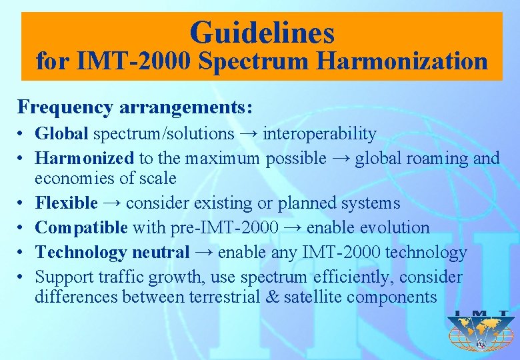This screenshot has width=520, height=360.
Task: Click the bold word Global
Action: pos(61,134)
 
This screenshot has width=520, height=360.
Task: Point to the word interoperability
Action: pos(319,134)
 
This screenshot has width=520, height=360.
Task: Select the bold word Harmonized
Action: pos(85,159)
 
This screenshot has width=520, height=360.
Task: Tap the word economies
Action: pos(71,179)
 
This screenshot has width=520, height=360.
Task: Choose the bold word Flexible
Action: pos(66,203)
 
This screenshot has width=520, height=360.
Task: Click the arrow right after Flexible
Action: pos(111,203)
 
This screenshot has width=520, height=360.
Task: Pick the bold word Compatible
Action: pos(81,228)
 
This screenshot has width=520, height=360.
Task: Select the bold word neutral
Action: pos(160,253)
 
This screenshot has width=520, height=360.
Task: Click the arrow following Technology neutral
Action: pos(204,253)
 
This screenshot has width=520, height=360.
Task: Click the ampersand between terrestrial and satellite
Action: pos(271,297)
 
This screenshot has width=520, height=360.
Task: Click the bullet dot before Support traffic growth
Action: pos(22,277)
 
